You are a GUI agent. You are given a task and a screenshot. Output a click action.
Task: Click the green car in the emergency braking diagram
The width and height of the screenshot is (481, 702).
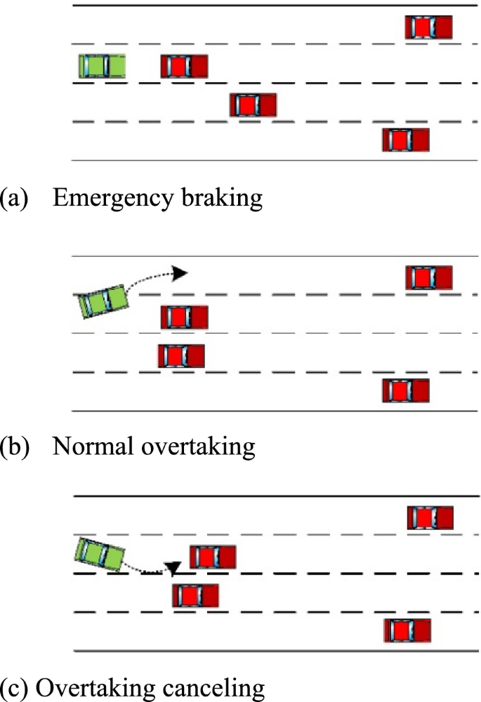102,65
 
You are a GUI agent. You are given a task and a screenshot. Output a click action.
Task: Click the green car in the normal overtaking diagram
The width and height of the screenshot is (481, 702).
103,301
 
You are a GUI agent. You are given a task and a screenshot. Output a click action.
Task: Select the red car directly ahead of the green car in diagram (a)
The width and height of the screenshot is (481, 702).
184,67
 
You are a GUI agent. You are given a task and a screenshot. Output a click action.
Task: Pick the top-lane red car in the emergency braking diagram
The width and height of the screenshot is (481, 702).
428,27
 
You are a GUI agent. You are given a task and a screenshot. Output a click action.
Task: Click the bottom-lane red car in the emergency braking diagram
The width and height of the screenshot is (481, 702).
405,140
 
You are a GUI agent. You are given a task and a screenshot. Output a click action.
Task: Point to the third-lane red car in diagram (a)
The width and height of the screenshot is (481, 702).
253,105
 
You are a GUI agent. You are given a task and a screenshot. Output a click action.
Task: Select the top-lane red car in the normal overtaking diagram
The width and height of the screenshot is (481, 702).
428,277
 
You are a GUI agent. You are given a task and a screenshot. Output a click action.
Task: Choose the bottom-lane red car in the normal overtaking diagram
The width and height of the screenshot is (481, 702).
405,390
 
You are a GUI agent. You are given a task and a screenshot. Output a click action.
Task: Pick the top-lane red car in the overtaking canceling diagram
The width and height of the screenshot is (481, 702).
430,518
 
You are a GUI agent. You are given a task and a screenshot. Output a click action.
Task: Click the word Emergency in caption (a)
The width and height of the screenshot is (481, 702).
105,199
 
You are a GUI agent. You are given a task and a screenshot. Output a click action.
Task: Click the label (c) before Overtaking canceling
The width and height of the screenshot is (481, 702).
14,689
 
